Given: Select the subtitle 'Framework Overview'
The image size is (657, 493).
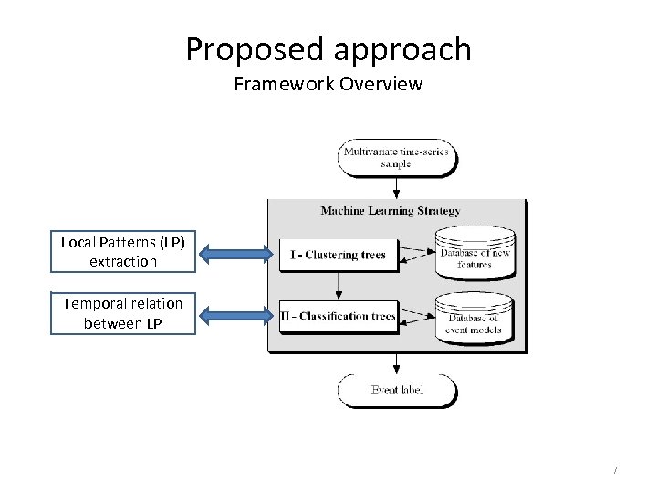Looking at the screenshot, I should pyautogui.click(x=328, y=85).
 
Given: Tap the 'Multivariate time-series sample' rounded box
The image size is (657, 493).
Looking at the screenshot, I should pyautogui.click(x=396, y=156).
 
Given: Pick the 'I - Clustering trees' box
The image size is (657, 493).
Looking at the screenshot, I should pyautogui.click(x=338, y=255).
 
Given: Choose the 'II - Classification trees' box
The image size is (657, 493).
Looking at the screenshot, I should pyautogui.click(x=338, y=316).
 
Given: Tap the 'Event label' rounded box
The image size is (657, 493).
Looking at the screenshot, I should pyautogui.click(x=397, y=391).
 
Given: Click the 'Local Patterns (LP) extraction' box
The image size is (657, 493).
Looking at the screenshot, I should pyautogui.click(x=123, y=252).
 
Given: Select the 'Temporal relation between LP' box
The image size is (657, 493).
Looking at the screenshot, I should pyautogui.click(x=123, y=312).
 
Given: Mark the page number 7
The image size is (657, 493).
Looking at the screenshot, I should pyautogui.click(x=615, y=470).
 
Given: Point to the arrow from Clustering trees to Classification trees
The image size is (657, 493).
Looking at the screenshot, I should pyautogui.click(x=338, y=286).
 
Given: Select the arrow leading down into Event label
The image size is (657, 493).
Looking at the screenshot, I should pyautogui.click(x=396, y=363).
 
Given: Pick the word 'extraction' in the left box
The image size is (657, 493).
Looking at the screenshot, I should pyautogui.click(x=123, y=261).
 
